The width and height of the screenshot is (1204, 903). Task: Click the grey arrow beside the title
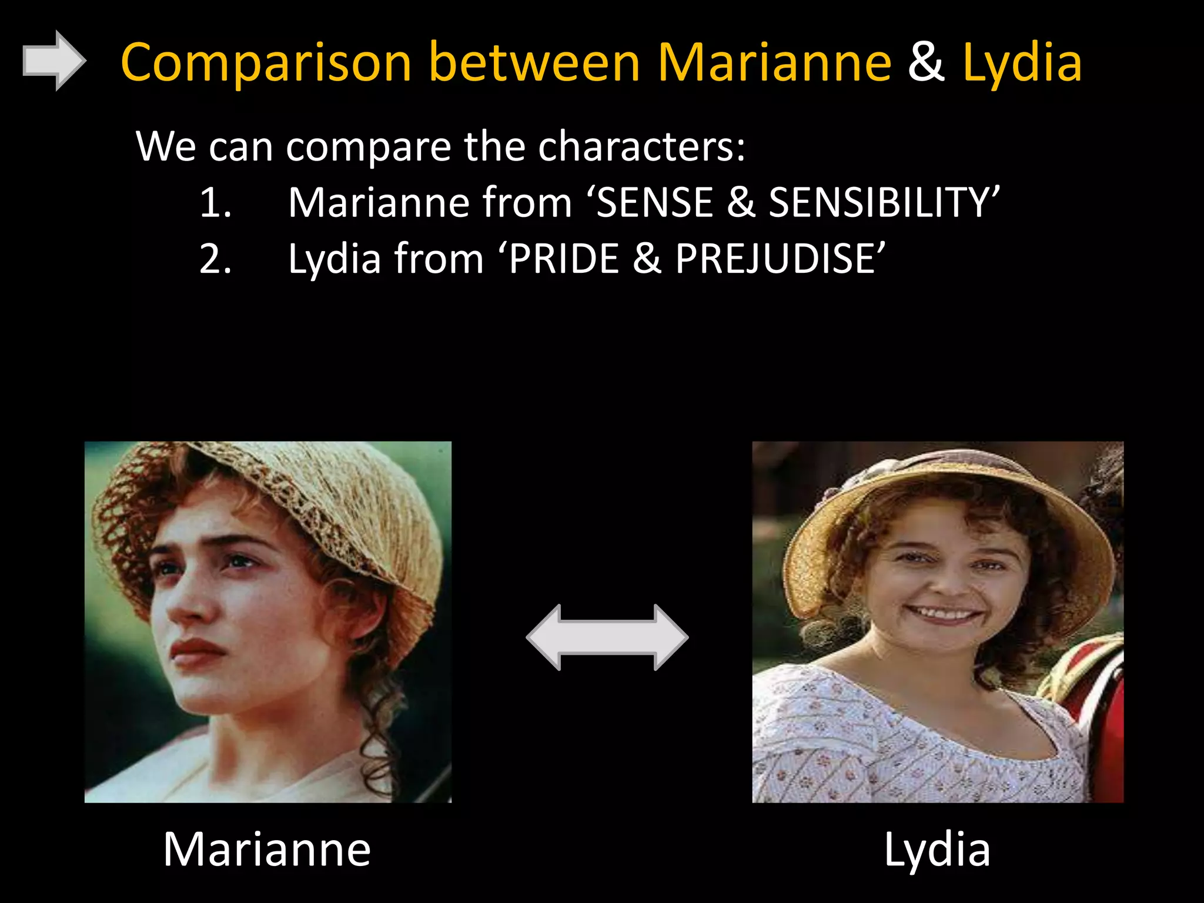53,61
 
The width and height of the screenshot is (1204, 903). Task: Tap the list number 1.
215,203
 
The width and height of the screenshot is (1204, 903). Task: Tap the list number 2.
215,259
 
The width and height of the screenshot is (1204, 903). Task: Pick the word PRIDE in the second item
564,259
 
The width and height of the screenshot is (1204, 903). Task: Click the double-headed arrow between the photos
607,637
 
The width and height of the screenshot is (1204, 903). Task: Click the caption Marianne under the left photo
267,850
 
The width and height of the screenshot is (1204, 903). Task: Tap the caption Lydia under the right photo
937,850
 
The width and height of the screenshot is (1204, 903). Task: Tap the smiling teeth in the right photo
944,614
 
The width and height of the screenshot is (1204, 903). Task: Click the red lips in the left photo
197,651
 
